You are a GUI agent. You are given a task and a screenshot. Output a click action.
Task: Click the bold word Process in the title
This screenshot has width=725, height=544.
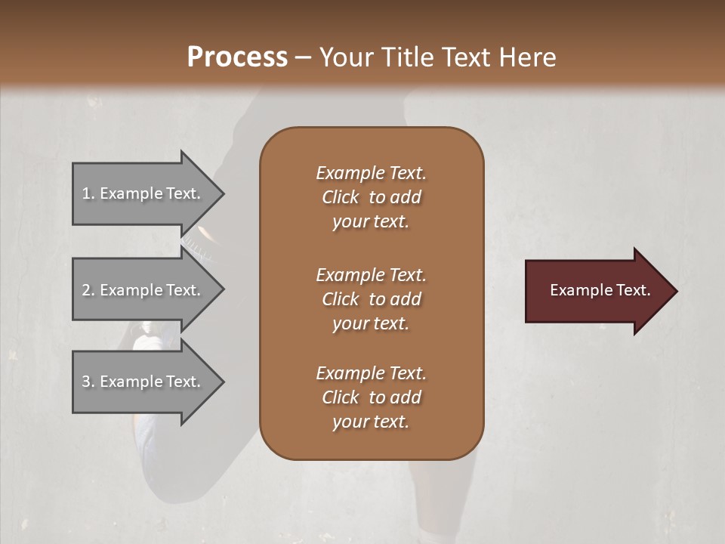(237, 57)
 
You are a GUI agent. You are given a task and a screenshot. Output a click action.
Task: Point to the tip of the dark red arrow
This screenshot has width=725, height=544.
(675, 291)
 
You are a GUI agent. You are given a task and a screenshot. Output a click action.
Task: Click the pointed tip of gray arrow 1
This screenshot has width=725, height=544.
(222, 194)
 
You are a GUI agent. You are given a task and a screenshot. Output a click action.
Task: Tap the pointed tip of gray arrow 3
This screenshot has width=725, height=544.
(222, 382)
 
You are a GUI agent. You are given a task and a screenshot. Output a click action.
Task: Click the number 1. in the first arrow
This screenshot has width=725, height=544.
(88, 193)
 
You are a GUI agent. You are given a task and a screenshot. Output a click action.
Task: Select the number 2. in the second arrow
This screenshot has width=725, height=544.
(88, 290)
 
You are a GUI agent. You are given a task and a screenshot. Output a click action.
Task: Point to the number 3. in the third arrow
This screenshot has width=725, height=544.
(88, 382)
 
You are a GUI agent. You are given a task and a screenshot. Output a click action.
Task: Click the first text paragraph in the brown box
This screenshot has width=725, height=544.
(371, 197)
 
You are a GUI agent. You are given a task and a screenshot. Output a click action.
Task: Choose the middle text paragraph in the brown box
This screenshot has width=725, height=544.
(371, 299)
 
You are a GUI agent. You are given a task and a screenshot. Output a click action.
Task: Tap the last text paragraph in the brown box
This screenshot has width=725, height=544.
(371, 397)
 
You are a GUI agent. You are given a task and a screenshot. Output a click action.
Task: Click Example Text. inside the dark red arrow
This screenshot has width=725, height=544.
(600, 290)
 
